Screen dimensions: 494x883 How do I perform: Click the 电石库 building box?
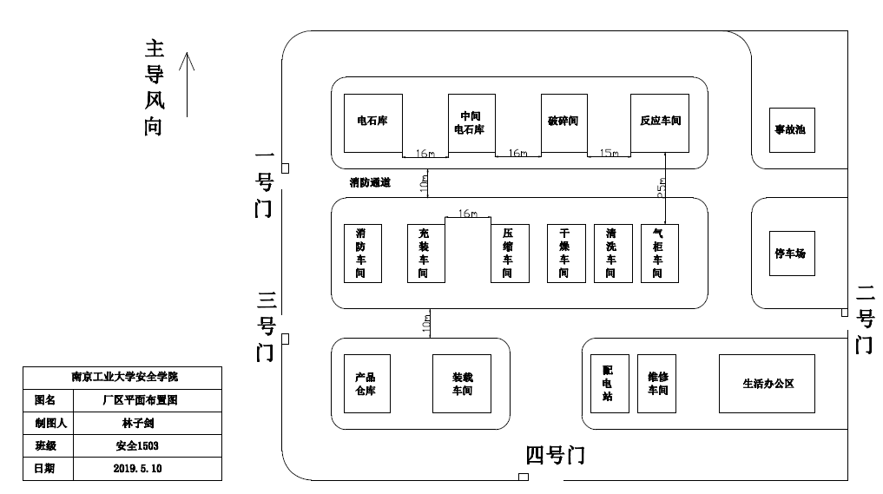(x=372, y=122)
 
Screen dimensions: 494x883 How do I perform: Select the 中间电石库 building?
(x=470, y=122)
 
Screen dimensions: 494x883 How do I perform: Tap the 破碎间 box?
(x=563, y=122)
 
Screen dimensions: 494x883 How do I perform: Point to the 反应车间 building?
(x=660, y=122)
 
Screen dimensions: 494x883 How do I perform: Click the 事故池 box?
(x=790, y=129)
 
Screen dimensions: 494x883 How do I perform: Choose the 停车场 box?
(x=791, y=254)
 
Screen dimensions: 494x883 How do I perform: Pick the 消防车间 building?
(x=360, y=253)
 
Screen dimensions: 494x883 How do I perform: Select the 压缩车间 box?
(x=508, y=253)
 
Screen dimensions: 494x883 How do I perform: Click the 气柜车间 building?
(x=658, y=253)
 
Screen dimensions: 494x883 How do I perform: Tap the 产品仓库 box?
(x=365, y=384)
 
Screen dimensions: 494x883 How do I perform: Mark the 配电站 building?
(x=608, y=383)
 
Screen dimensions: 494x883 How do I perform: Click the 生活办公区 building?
(x=768, y=383)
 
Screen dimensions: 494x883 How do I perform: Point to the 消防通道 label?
(x=370, y=182)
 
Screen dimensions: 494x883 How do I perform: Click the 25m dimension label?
(x=661, y=187)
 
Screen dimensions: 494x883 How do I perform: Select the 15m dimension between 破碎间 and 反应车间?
(x=610, y=154)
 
